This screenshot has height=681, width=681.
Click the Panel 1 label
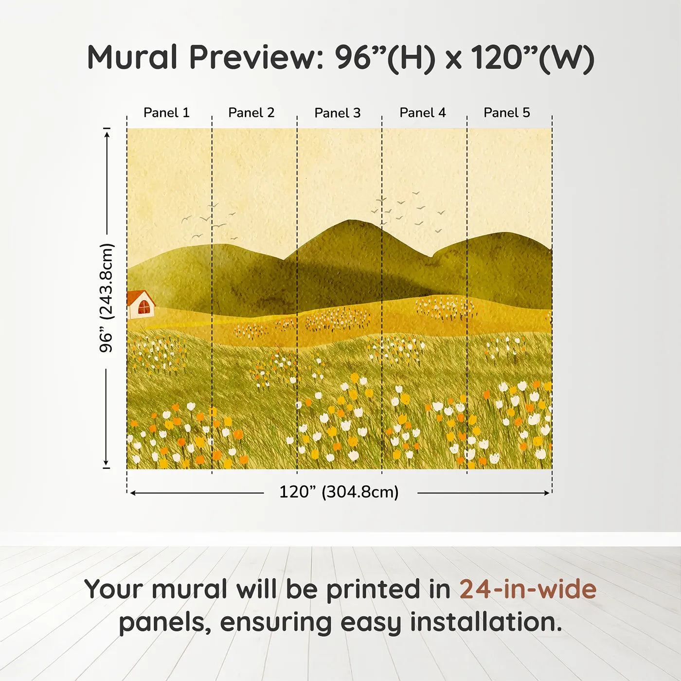pos(166,113)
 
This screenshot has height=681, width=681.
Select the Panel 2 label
pos(251,113)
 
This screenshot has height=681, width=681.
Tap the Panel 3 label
pos(337,113)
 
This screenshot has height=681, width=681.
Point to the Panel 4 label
pos(422,113)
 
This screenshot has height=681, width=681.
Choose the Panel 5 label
pos(506,113)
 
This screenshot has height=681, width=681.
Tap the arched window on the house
pos(144,307)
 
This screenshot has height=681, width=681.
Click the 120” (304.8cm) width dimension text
pos(339,492)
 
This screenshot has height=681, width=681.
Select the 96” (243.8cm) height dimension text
pos(106,298)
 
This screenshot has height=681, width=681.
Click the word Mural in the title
pos(132,57)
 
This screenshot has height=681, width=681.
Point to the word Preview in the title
pos(253,57)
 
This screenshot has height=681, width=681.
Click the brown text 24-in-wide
pos(528,590)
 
